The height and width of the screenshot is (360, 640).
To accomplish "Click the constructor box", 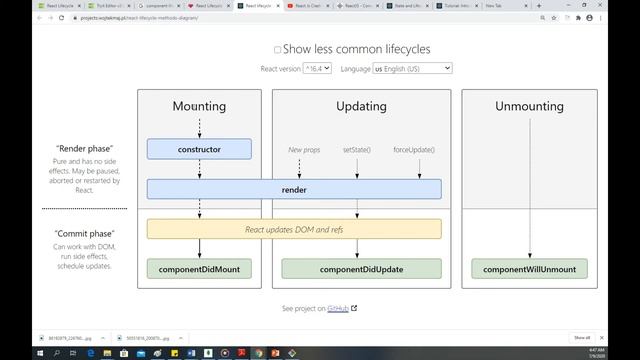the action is [x=199, y=149].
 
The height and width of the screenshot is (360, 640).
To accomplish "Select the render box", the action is [x=294, y=189].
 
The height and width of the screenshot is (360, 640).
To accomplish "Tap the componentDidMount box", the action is [x=199, y=269].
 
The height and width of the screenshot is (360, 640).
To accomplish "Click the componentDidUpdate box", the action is [x=361, y=269].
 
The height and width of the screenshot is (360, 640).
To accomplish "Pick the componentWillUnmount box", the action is [x=529, y=269].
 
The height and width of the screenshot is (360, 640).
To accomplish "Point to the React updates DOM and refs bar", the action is [x=294, y=229].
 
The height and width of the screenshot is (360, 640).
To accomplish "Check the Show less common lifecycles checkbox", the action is [x=278, y=49].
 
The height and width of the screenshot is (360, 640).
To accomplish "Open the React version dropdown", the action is [x=319, y=68].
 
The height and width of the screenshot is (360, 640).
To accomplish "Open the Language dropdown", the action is [x=412, y=68].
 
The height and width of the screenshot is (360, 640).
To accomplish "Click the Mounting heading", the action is [x=199, y=106].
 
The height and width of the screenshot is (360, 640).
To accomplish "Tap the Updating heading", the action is [x=361, y=106].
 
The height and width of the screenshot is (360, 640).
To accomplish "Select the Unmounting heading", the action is [x=529, y=106].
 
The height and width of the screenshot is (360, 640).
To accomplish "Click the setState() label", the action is [x=357, y=149].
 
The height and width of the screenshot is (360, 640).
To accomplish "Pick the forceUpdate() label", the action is [x=414, y=149].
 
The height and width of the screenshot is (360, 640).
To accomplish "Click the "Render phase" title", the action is [x=84, y=148].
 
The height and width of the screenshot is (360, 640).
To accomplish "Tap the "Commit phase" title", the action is [x=84, y=232].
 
